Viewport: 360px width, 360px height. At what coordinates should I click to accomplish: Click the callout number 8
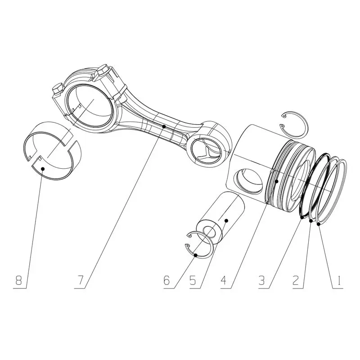tap(18, 280)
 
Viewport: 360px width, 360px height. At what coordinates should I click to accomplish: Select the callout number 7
tap(80, 280)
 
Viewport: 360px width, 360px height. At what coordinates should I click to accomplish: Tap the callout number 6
tap(166, 280)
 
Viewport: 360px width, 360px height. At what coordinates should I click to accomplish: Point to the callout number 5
tap(193, 280)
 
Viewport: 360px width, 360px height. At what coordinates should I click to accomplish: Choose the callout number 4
tap(224, 280)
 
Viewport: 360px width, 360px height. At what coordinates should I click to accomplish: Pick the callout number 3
tap(261, 280)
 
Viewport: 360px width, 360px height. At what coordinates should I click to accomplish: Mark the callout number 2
tap(296, 280)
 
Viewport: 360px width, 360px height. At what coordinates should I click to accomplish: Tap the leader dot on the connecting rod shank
tap(164, 126)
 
